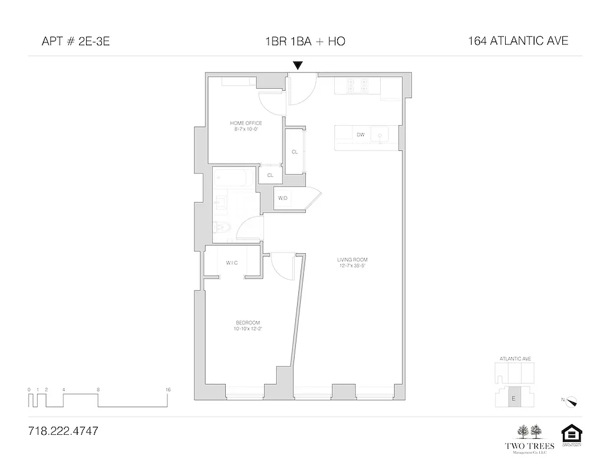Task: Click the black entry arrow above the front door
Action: (x=298, y=65)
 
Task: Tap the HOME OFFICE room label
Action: (x=246, y=123)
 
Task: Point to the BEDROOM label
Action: (x=248, y=322)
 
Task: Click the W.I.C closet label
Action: (x=232, y=263)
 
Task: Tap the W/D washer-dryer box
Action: (x=283, y=198)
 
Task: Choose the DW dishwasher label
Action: (x=360, y=135)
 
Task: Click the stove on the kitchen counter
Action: (x=357, y=86)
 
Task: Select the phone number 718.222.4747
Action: (x=63, y=431)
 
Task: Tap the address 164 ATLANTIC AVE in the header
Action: (x=518, y=41)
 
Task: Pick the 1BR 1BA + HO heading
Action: (x=305, y=41)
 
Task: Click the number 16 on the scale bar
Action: (x=168, y=389)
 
